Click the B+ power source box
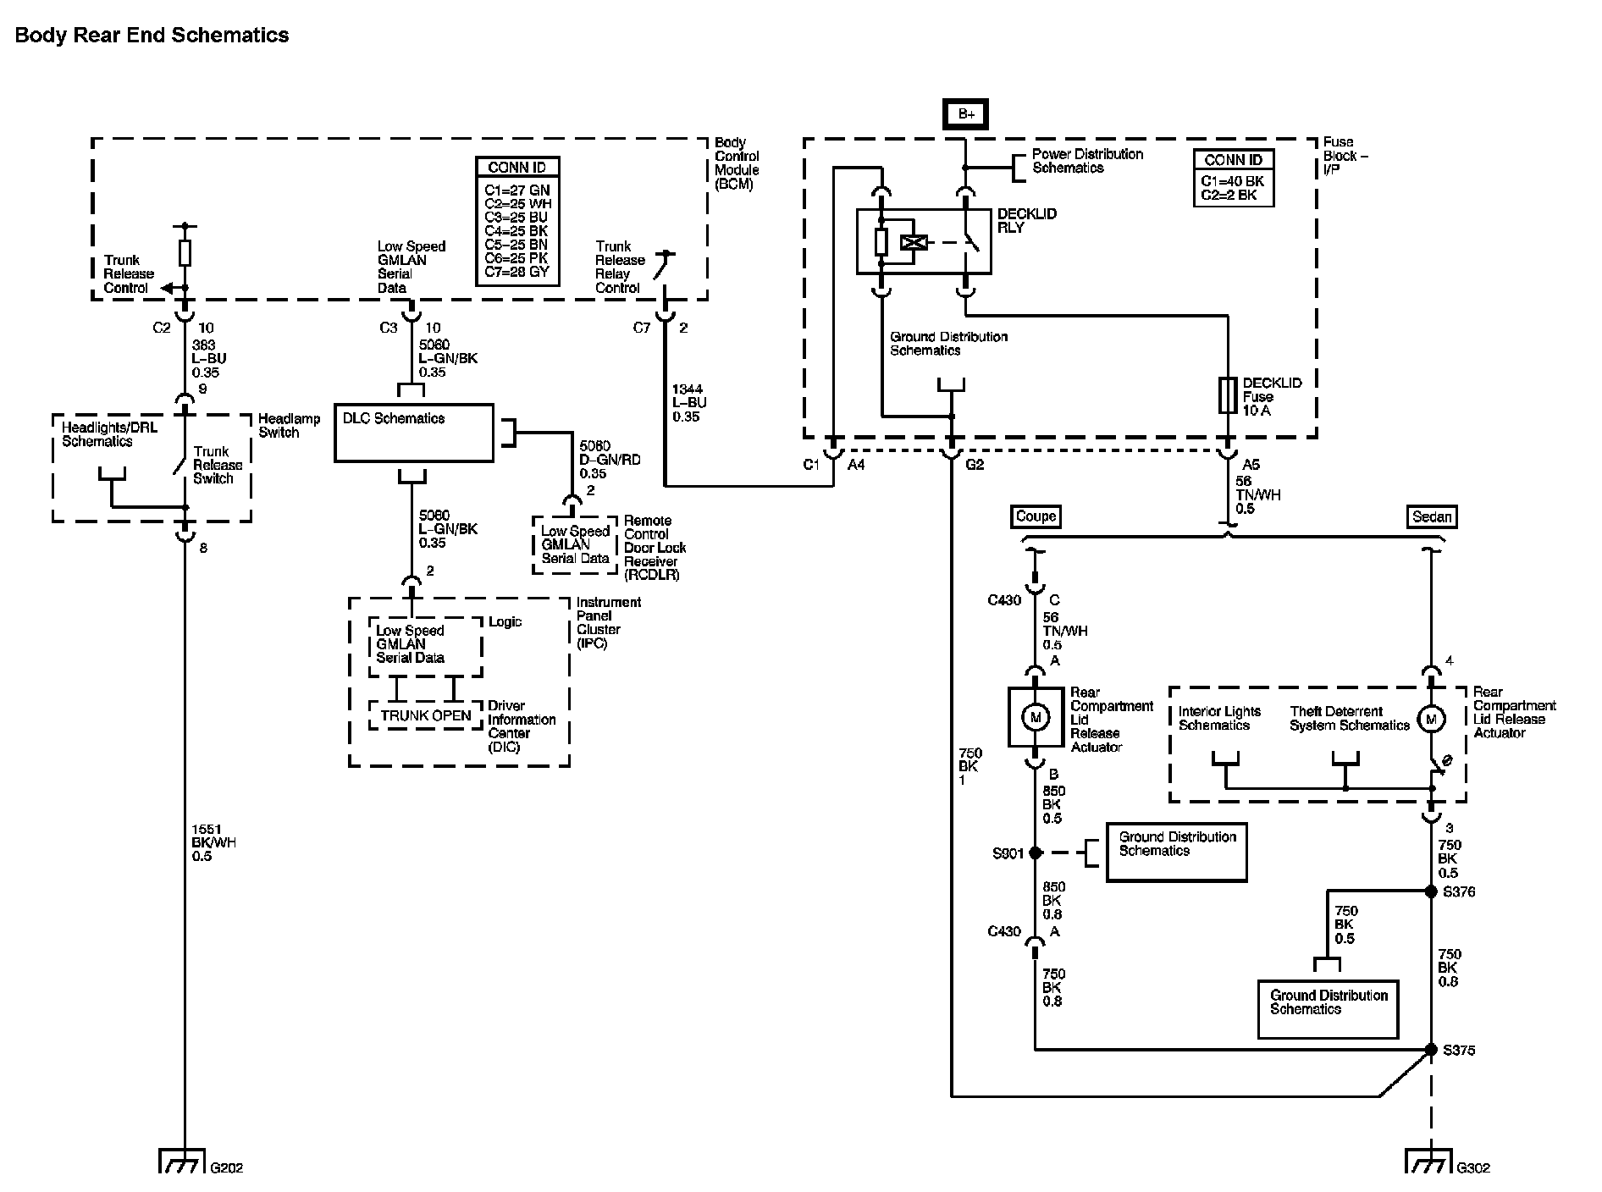[x=966, y=113]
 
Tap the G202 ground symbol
[x=182, y=1161]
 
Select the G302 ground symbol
[x=1430, y=1161]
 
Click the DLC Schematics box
[x=413, y=433]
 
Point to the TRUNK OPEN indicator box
[x=425, y=715]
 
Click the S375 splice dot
[x=1431, y=1050]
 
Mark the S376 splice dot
[x=1431, y=891]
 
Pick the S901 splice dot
[x=1035, y=853]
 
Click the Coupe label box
[x=1036, y=516]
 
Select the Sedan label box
[x=1432, y=516]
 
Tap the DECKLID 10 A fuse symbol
[x=1228, y=395]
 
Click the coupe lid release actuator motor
[x=1035, y=717]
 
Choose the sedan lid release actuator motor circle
[x=1431, y=720]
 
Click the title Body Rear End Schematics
[x=152, y=36]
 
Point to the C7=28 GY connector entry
[x=517, y=272]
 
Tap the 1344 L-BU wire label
[x=689, y=403]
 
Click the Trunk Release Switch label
[x=218, y=465]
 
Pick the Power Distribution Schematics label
[x=1087, y=161]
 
